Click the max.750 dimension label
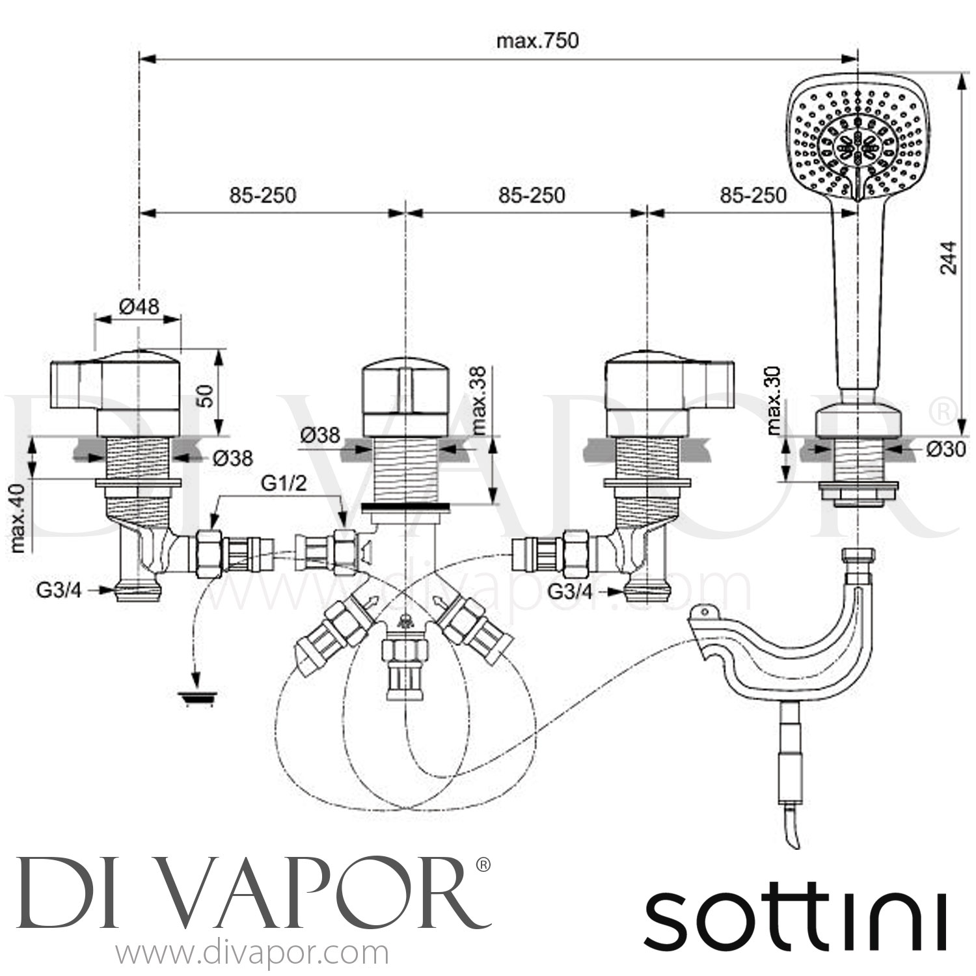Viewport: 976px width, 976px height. [537, 41]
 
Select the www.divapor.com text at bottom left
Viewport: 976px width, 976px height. [252, 954]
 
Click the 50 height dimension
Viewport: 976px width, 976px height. [206, 394]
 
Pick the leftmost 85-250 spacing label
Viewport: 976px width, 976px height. [262, 195]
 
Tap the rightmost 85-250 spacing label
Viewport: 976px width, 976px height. [753, 195]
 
